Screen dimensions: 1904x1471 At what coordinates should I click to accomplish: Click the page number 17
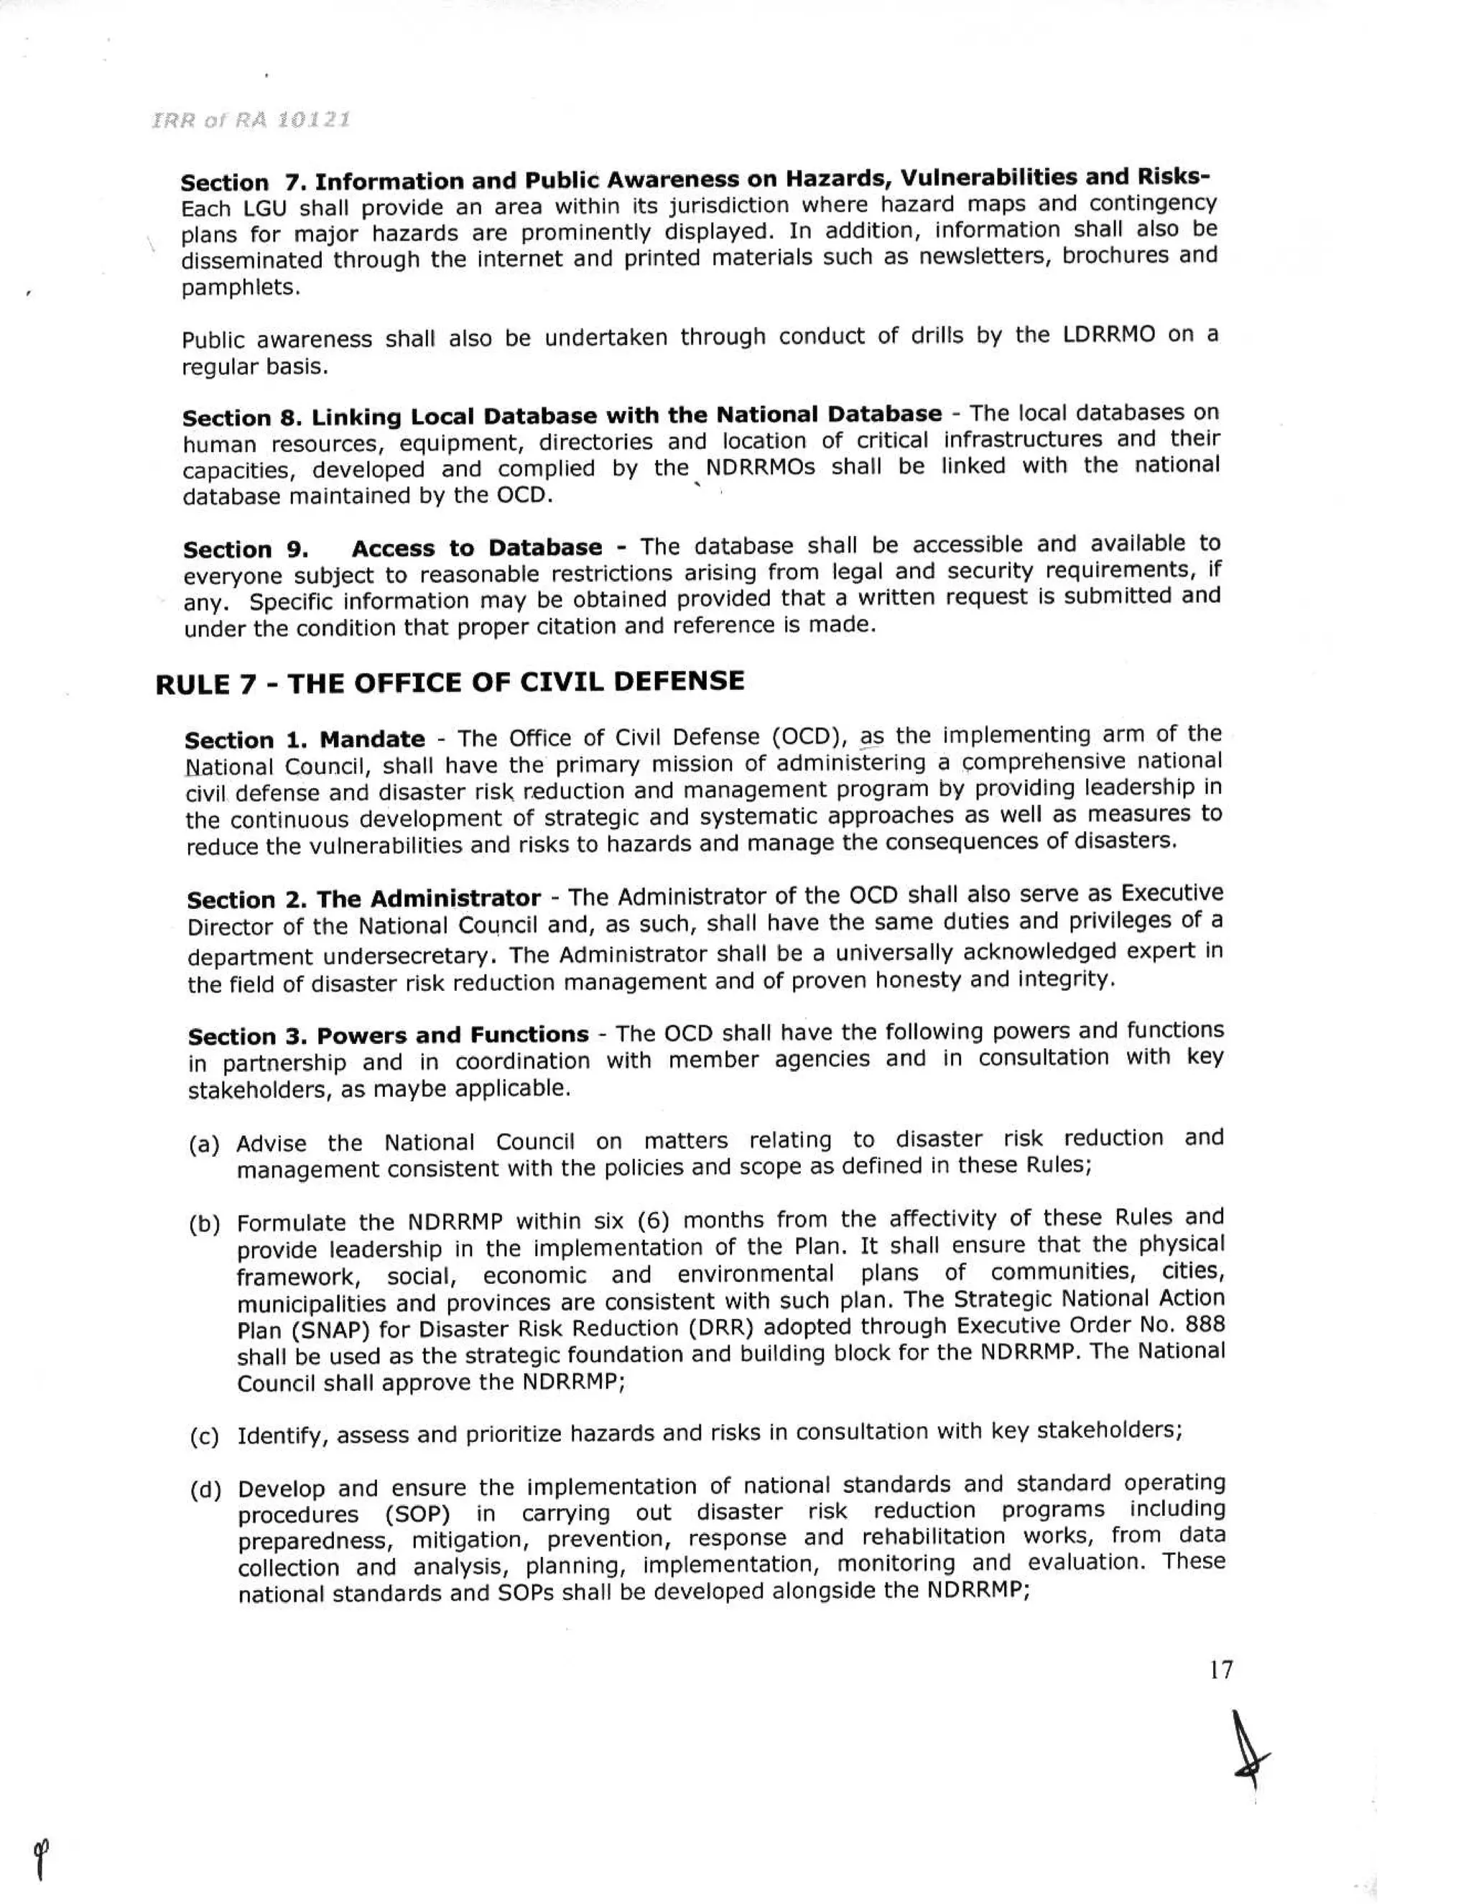point(1222,1670)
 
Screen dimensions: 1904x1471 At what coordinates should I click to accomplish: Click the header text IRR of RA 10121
point(251,120)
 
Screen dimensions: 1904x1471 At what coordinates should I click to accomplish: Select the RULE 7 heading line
point(450,683)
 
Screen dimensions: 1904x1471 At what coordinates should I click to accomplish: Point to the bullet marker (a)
point(204,1145)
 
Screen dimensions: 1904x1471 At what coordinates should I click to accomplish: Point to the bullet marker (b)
point(205,1225)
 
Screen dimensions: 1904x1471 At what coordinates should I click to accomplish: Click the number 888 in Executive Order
point(1205,1324)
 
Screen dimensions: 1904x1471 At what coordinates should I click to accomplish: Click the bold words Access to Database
point(477,548)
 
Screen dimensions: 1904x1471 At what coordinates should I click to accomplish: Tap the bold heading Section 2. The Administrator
point(363,899)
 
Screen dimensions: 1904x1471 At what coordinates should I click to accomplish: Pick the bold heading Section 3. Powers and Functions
point(389,1035)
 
